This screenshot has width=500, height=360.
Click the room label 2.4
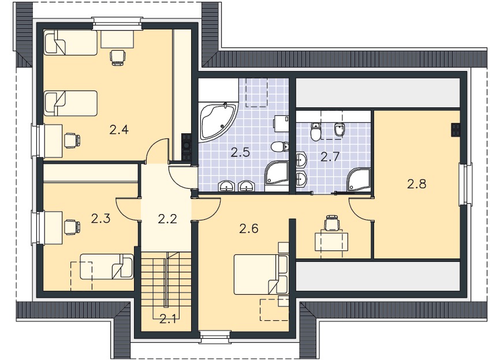(x=118, y=130)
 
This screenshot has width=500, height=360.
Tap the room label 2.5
(x=240, y=153)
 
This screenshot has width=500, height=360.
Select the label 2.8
(x=416, y=184)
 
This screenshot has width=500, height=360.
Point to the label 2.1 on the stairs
(x=168, y=319)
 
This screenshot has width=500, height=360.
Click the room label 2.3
(x=100, y=219)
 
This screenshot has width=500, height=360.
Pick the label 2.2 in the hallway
(x=167, y=219)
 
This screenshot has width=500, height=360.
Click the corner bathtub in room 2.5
(x=219, y=121)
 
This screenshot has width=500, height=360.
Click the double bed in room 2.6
(x=261, y=274)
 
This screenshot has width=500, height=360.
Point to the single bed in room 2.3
(x=106, y=267)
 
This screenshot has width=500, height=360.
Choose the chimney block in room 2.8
(x=456, y=130)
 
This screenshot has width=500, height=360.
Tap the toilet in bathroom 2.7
(x=316, y=132)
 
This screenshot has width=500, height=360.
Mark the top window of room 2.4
(x=118, y=23)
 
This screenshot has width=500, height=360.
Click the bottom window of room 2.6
(x=214, y=337)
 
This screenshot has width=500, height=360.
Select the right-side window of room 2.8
(x=465, y=184)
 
